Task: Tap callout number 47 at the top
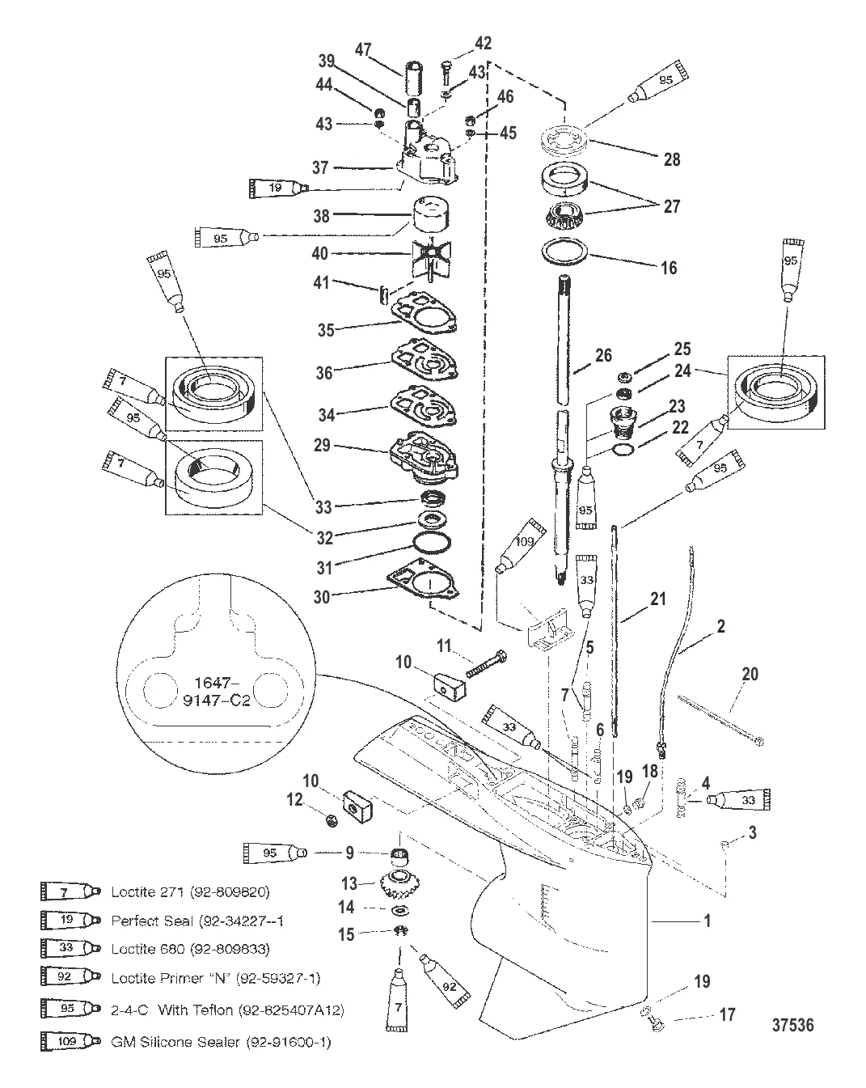[363, 50]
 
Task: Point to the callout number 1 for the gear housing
[707, 921]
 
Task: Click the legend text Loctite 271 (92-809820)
[190, 892]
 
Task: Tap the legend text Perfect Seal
[197, 921]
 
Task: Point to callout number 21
[659, 599]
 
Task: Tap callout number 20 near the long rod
[749, 674]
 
